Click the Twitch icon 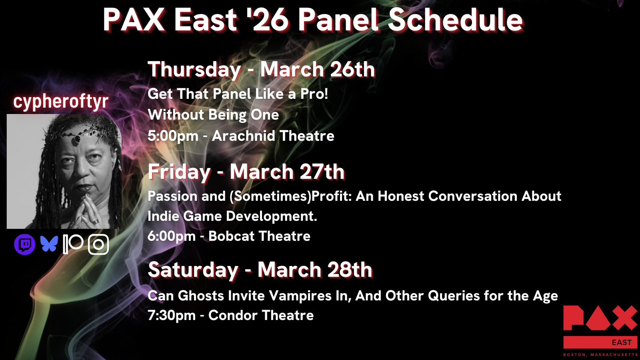(x=24, y=244)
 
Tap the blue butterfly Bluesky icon (x=49, y=244)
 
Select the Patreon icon (x=73, y=244)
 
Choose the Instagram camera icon (x=98, y=244)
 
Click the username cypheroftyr (x=61, y=102)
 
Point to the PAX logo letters (x=600, y=318)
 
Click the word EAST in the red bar (x=622, y=342)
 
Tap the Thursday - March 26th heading (x=261, y=70)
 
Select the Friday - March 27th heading (x=246, y=172)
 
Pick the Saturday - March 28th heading (x=260, y=270)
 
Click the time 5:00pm (x=173, y=136)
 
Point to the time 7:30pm (x=172, y=316)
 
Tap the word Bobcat (x=232, y=236)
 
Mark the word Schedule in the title (x=456, y=20)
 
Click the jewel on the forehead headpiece (x=77, y=139)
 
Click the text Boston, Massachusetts (x=600, y=354)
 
